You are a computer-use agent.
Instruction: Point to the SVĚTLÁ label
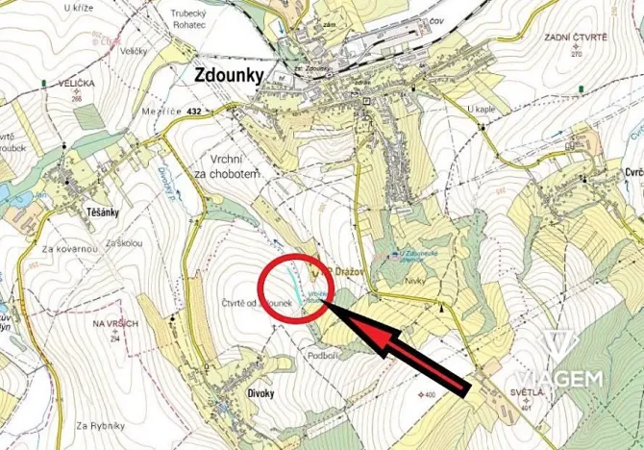pos(528,392)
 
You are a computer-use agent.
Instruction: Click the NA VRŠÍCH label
pos(116,324)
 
